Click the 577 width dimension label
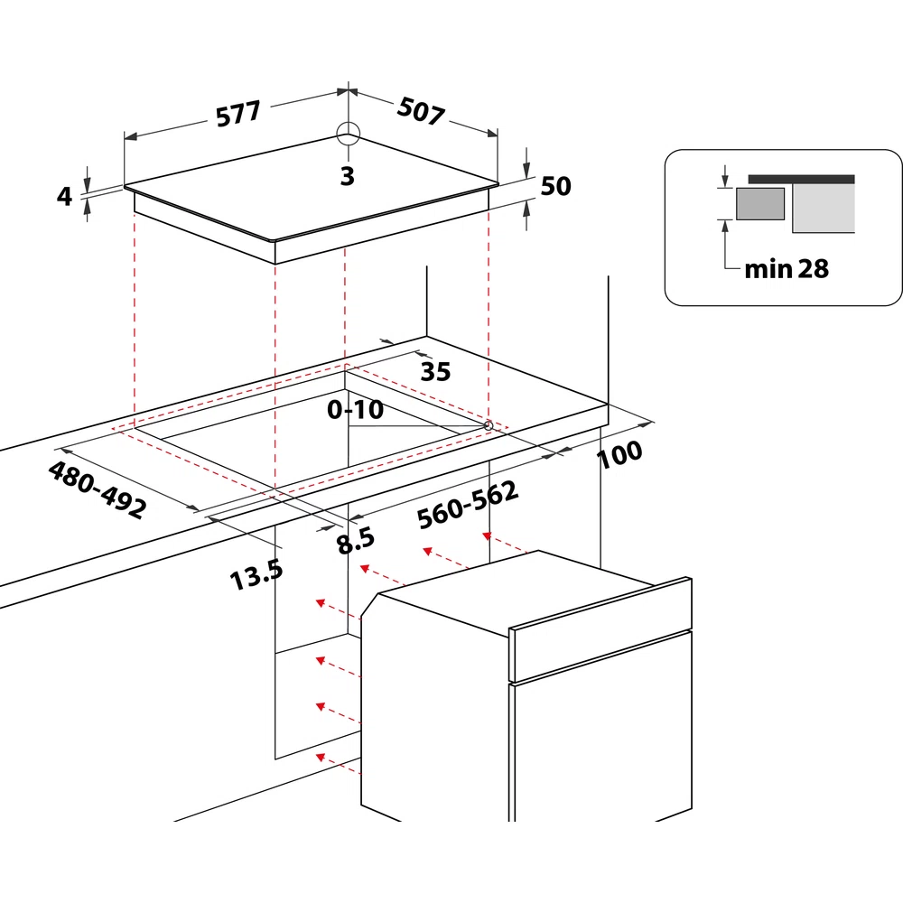pos(238,113)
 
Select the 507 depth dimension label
pos(421,110)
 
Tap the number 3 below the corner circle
pos(348,176)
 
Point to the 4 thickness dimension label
pos(64,196)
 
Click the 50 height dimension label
pos(555,186)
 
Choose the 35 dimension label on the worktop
pos(435,371)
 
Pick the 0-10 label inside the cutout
pos(355,409)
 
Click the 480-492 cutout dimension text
pos(98,489)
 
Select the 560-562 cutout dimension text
pos(468,505)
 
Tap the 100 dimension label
pos(619,454)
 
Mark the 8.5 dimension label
pos(355,541)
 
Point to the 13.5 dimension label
pos(256,574)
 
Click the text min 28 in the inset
pos(787,269)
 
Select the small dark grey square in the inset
pos(760,204)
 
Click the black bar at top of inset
pos(802,179)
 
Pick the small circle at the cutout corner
pos(489,425)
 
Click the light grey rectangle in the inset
pos(824,208)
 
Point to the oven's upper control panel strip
pos(600,628)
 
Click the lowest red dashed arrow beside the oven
pos(338,764)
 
